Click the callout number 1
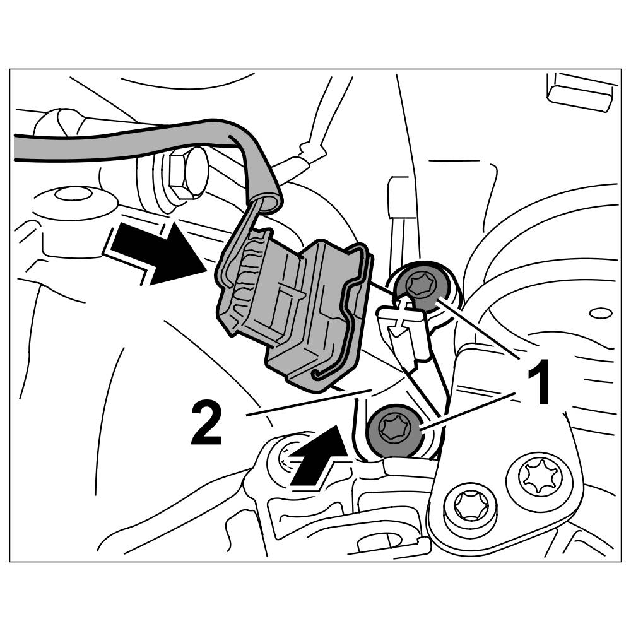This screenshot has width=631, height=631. pyautogui.click(x=536, y=382)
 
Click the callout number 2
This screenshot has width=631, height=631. pyautogui.click(x=206, y=423)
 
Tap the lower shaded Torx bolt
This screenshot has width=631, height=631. pyautogui.click(x=395, y=431)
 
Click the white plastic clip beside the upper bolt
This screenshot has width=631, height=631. pyautogui.click(x=404, y=331)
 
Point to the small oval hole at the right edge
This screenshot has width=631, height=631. pyautogui.click(x=601, y=313)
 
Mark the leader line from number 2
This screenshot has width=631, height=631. pyautogui.click(x=309, y=402)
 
